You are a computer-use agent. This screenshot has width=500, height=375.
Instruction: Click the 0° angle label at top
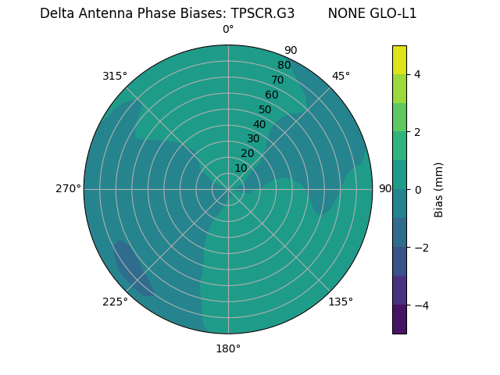pos(228,29)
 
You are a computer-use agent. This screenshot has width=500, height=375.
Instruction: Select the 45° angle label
pos(341,76)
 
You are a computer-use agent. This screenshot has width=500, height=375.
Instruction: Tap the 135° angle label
pos(341,302)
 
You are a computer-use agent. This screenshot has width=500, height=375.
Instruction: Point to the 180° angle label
pos(228,348)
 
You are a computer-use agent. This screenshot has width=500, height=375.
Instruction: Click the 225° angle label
pos(115,302)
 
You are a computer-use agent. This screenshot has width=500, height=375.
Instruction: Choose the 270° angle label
pos(68,189)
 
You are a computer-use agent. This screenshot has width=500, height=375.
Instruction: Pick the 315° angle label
pos(115,76)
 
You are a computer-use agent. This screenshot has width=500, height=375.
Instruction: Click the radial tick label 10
pos(241,168)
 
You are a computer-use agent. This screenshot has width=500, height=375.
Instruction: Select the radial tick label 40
pos(259,124)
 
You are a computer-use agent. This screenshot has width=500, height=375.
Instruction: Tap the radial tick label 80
pos(284,65)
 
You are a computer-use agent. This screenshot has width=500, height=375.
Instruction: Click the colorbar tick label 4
pos(418,74)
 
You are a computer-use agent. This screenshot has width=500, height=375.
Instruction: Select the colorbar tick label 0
pos(418,190)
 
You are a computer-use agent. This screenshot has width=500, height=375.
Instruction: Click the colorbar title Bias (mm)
pos(439,190)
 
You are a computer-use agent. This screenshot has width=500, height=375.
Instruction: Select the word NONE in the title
pos(346,13)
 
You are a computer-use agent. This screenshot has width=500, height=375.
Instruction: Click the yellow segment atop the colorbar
pos(399,59)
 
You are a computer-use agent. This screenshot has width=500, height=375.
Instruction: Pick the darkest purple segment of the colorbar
pos(399,320)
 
